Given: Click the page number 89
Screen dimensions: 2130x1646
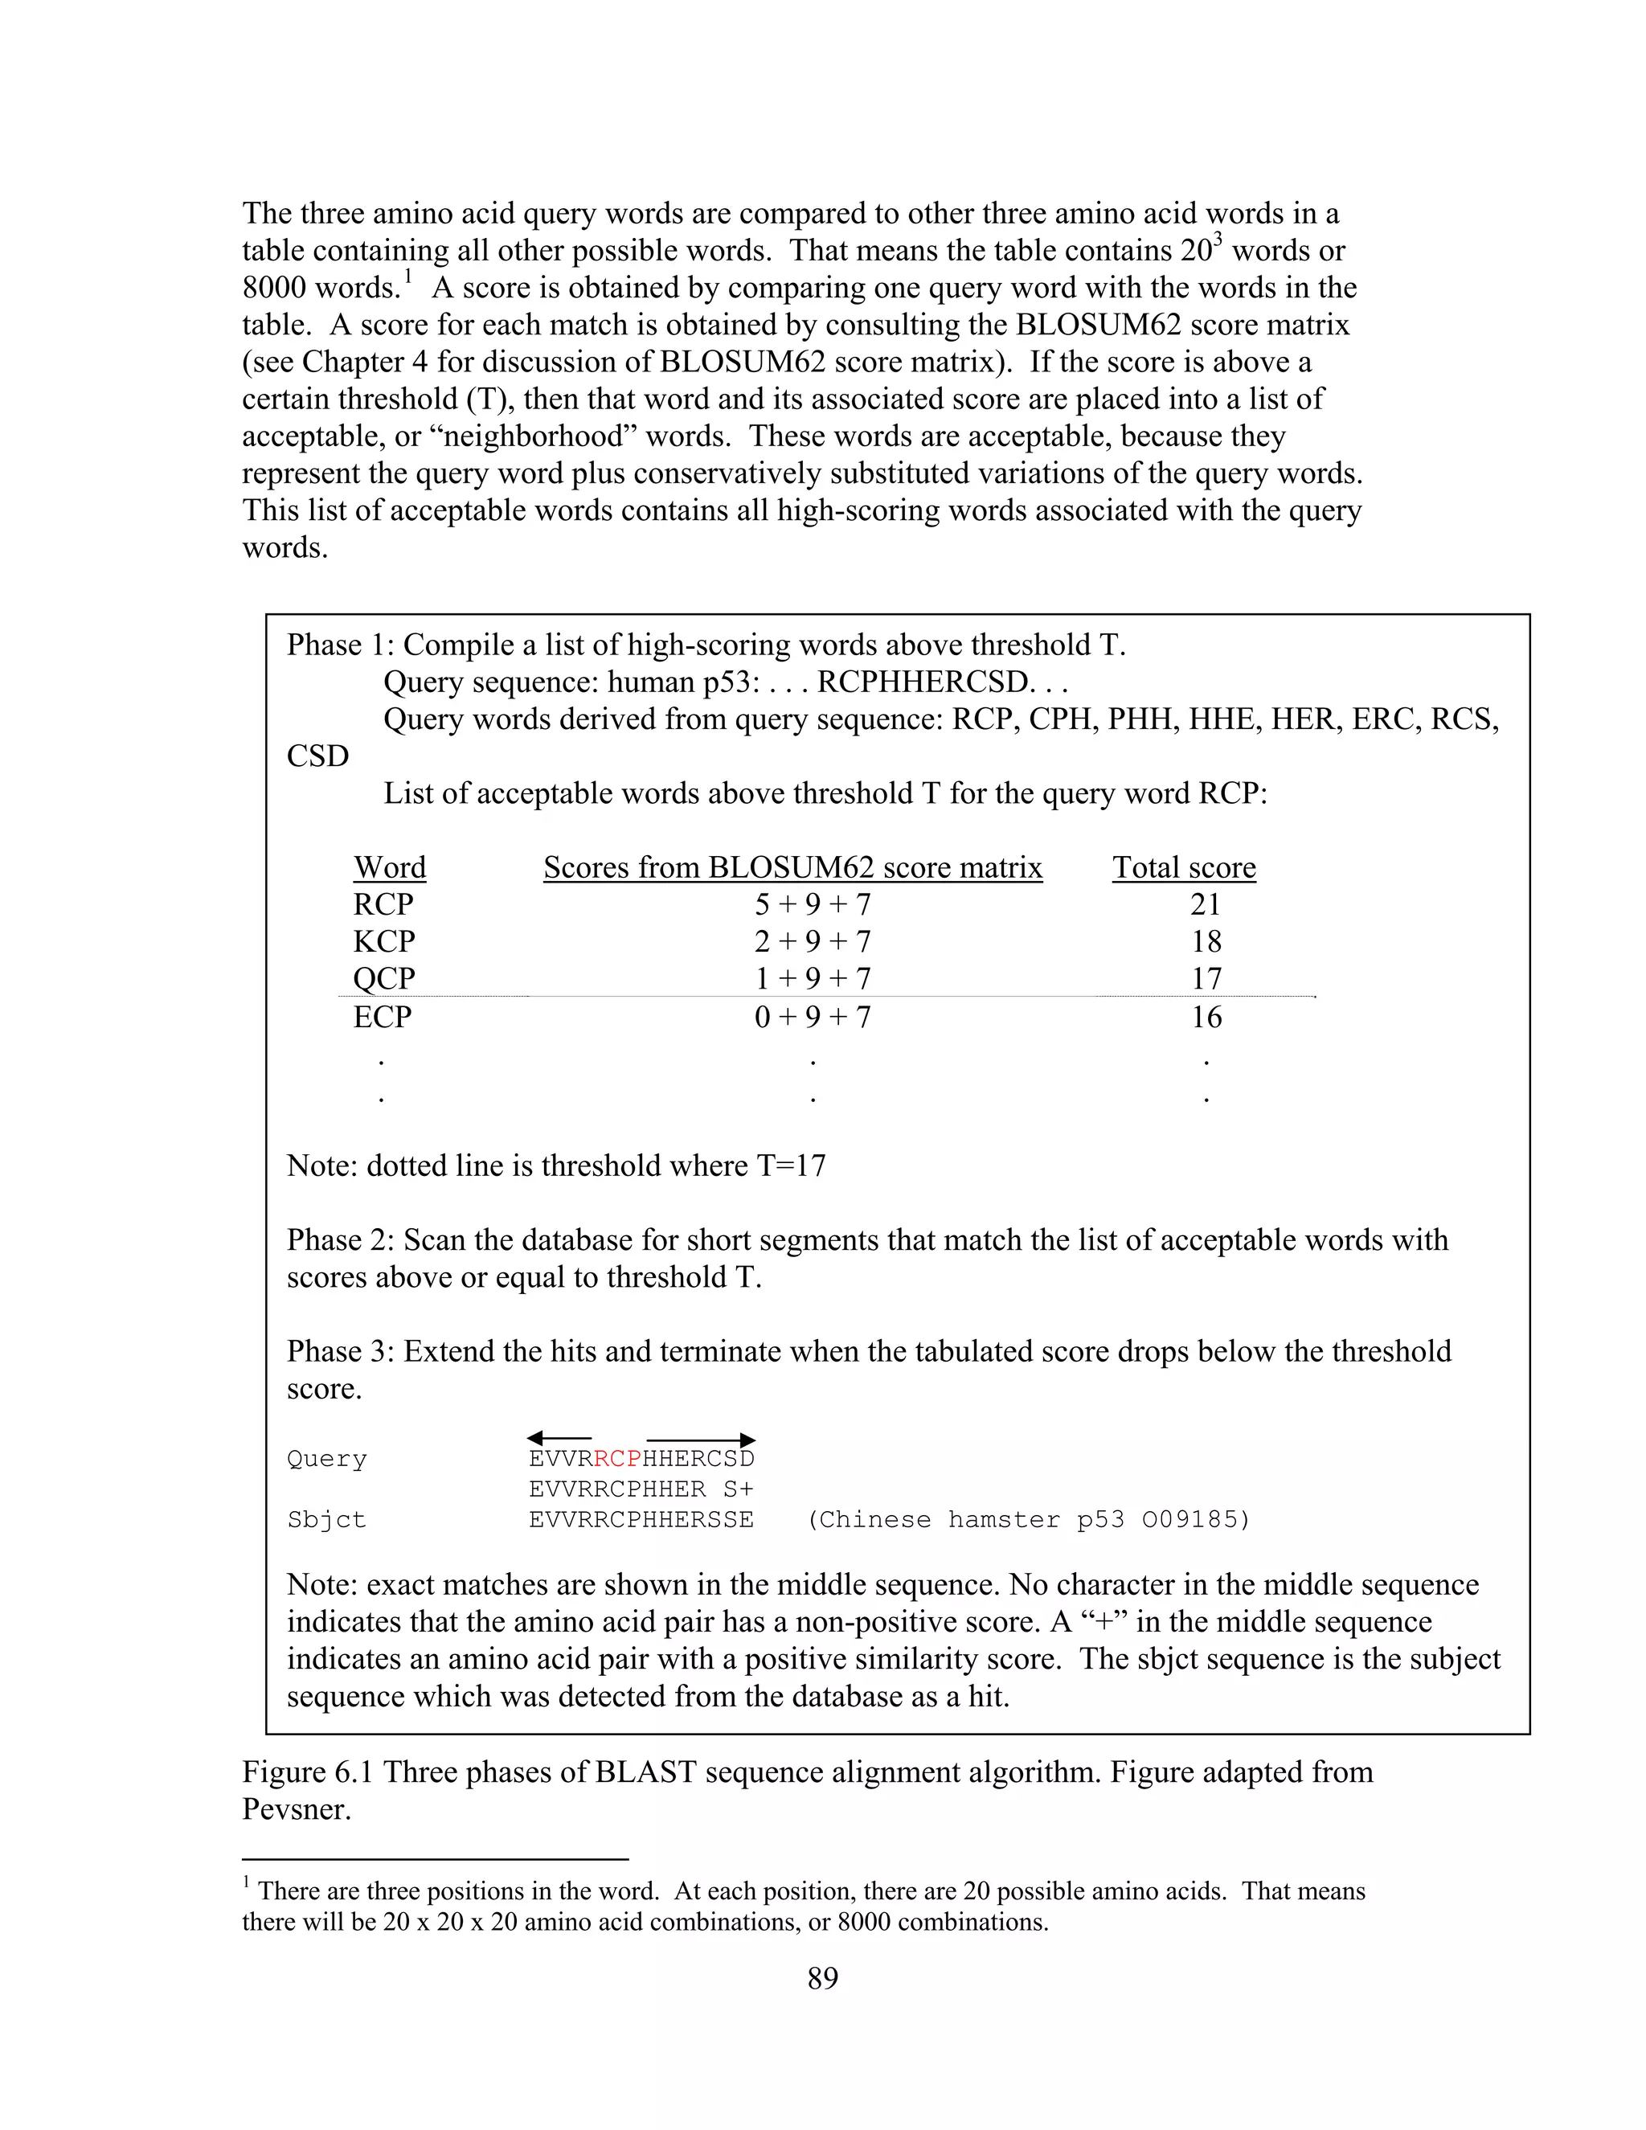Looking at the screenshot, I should point(822,1978).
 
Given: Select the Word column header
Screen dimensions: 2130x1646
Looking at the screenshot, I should point(389,867).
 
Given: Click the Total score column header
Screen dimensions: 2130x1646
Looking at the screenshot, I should point(1184,867).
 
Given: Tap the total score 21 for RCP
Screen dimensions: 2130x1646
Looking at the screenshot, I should point(1206,904).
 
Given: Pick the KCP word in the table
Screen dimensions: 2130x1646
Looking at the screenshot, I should point(383,941).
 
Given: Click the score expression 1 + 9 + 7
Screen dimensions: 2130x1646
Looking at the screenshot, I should point(813,978).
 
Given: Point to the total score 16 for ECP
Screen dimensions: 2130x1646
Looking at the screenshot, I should point(1206,1018).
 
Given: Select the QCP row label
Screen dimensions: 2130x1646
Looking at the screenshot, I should point(383,978).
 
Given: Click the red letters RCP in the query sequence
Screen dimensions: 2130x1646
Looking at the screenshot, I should point(617,1459).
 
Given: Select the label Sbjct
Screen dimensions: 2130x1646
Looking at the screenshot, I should point(326,1519).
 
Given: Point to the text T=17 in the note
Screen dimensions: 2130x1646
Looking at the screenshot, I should point(791,1165).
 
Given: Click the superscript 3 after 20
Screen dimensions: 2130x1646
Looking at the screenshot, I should point(1217,238).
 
